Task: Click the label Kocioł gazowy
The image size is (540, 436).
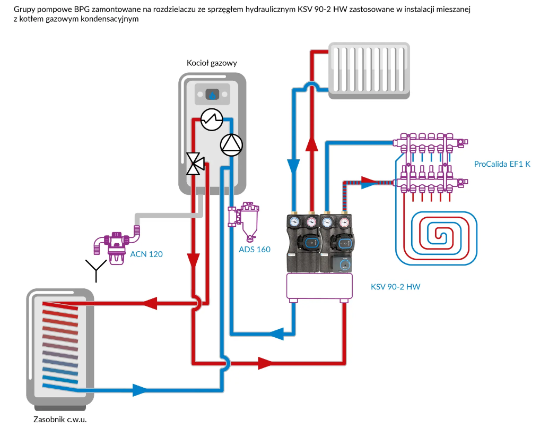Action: pyautogui.click(x=212, y=63)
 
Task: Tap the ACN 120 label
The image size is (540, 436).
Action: pyautogui.click(x=146, y=254)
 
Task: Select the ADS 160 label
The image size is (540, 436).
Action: pyautogui.click(x=255, y=249)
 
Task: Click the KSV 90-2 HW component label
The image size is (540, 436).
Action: pyautogui.click(x=395, y=287)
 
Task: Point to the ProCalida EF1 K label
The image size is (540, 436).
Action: pyautogui.click(x=502, y=164)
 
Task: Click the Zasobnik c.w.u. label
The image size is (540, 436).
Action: pyautogui.click(x=59, y=420)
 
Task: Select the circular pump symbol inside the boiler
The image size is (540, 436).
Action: pyautogui.click(x=231, y=144)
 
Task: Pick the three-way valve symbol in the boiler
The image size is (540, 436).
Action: pyautogui.click(x=195, y=164)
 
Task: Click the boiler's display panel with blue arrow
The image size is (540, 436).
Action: pyautogui.click(x=212, y=95)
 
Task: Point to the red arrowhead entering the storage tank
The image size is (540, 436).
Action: pyautogui.click(x=150, y=303)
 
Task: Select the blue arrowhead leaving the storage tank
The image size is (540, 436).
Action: pyautogui.click(x=140, y=390)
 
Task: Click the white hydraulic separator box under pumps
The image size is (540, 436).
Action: pyautogui.click(x=319, y=287)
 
